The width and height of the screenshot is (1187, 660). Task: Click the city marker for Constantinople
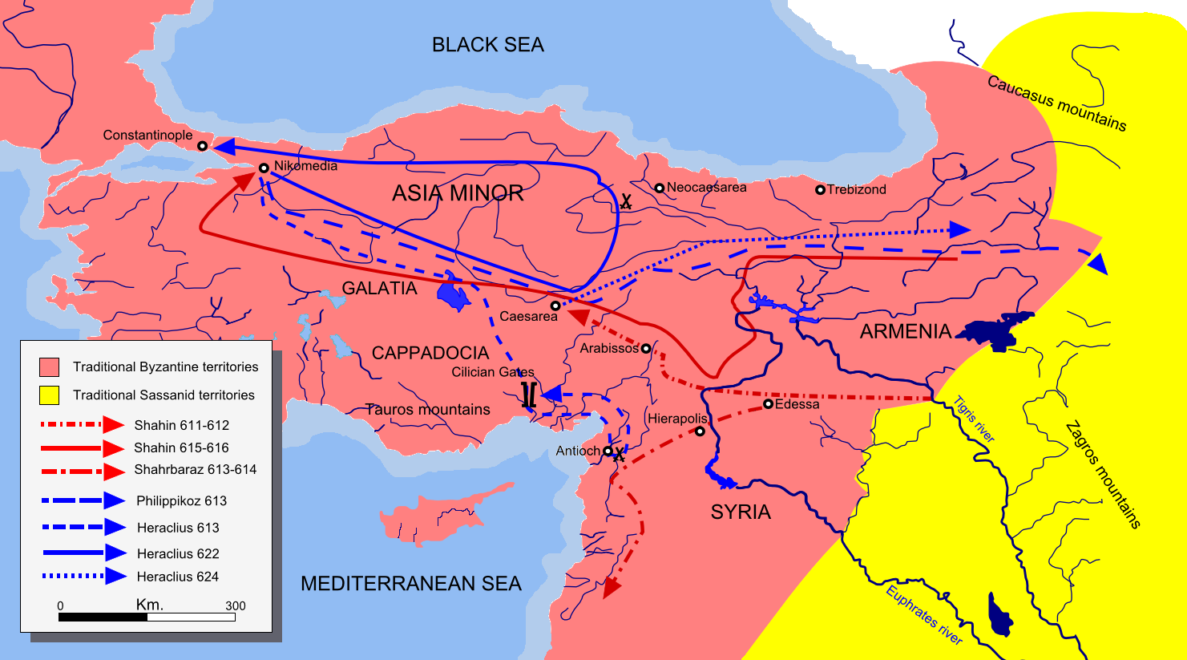tap(202, 146)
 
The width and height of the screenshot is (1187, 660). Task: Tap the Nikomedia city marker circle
tap(264, 168)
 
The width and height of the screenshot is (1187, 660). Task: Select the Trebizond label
tap(856, 189)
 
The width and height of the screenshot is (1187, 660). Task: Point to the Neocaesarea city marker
tap(659, 188)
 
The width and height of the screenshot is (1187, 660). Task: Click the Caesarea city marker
tap(555, 306)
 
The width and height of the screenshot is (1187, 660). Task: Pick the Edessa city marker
tap(767, 404)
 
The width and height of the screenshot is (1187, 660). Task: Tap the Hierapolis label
tap(677, 419)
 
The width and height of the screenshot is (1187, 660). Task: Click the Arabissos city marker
tap(645, 349)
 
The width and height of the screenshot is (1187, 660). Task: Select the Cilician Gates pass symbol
tap(528, 395)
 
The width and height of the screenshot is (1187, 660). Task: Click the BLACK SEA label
tap(487, 45)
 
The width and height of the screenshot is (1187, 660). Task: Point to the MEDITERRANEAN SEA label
tap(410, 584)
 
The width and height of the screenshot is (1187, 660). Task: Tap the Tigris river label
tap(974, 419)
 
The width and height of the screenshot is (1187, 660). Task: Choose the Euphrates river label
tap(924, 615)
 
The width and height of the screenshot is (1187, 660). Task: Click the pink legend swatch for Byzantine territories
tap(49, 367)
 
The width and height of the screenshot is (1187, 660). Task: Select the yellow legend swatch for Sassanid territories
tap(49, 395)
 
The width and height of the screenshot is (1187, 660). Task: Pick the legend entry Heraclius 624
tap(177, 577)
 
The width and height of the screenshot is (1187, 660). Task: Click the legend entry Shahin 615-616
tap(181, 447)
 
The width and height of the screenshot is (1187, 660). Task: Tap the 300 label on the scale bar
tap(235, 606)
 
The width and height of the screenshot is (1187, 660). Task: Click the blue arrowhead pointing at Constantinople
tap(222, 147)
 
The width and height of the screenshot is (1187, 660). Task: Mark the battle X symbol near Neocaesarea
tap(626, 202)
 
